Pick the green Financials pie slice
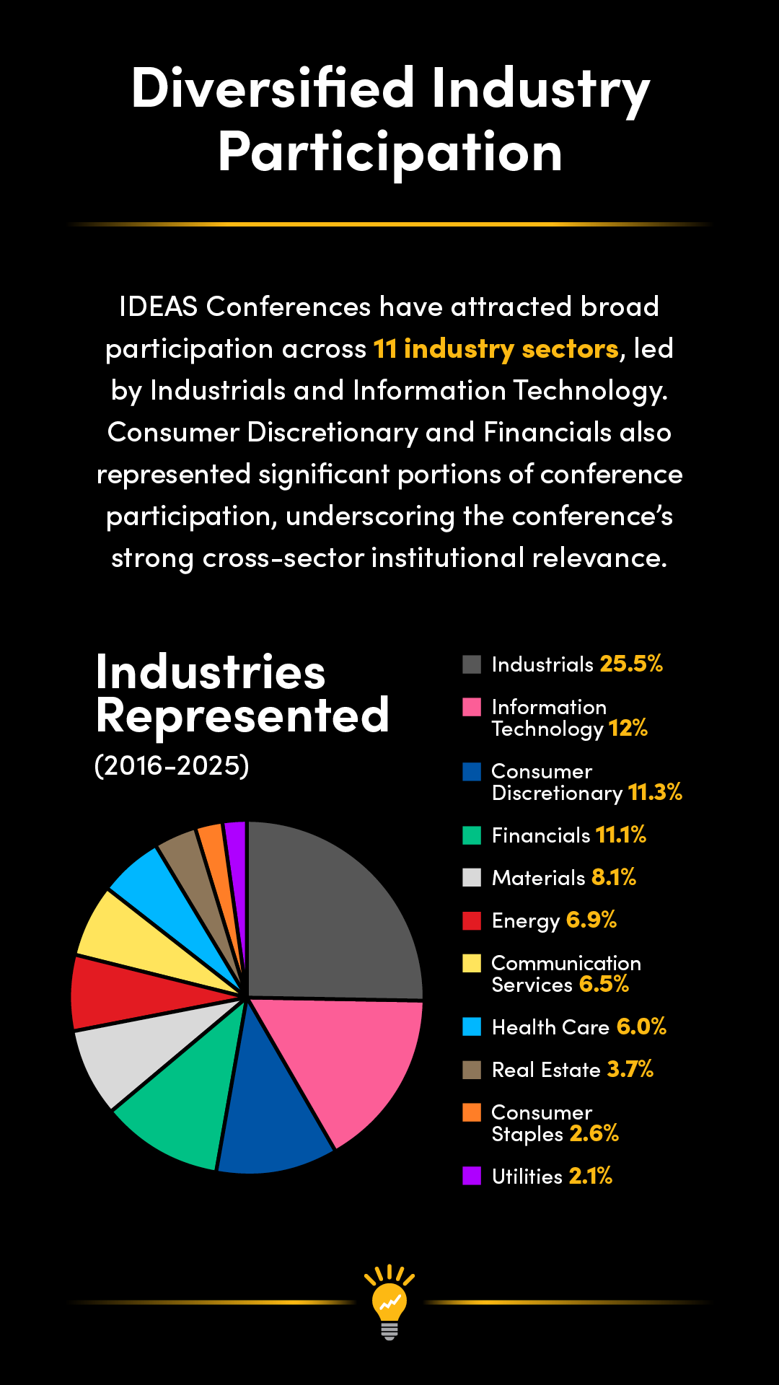188,1089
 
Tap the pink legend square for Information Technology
472,707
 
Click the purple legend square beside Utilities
472,1176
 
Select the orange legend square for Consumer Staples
472,1112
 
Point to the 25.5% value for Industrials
631,664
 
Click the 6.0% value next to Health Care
641,1026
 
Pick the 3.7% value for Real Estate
630,1069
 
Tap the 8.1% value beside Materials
614,877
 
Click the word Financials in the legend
541,835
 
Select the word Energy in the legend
526,921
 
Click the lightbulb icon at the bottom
389,1302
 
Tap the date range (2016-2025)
172,765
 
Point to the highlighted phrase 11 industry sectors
496,349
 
